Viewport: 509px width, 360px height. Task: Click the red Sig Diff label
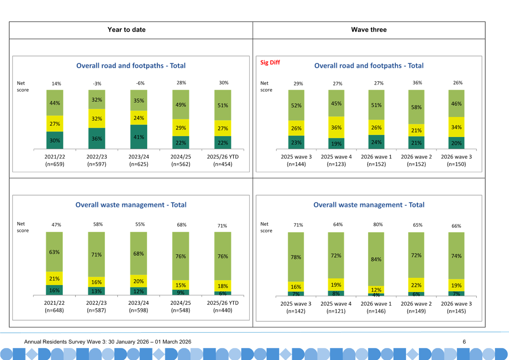click(270, 62)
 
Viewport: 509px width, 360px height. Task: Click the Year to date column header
click(126, 30)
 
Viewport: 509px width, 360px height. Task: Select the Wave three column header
click(369, 30)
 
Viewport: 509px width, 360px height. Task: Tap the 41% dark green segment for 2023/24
click(139, 137)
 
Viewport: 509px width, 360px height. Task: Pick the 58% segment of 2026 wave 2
click(416, 107)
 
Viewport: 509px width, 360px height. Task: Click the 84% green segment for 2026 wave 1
click(376, 259)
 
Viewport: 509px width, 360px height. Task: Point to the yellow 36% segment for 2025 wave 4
click(336, 127)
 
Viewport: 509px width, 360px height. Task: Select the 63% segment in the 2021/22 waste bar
click(54, 252)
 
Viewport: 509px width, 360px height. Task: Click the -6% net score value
click(140, 83)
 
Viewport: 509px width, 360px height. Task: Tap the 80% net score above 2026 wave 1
click(378, 225)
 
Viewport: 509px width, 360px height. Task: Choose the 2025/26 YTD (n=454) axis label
click(223, 160)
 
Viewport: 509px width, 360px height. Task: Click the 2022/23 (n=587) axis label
click(96, 306)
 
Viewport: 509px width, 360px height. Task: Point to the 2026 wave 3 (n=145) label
click(456, 307)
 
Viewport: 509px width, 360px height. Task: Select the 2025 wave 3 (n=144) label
click(296, 160)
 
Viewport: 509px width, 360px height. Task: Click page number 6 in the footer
click(464, 342)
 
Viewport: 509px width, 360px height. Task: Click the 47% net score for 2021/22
click(56, 225)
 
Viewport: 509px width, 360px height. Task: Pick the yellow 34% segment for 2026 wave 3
click(456, 127)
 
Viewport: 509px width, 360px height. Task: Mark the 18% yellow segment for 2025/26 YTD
click(223, 286)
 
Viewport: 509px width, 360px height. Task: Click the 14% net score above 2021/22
click(56, 84)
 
